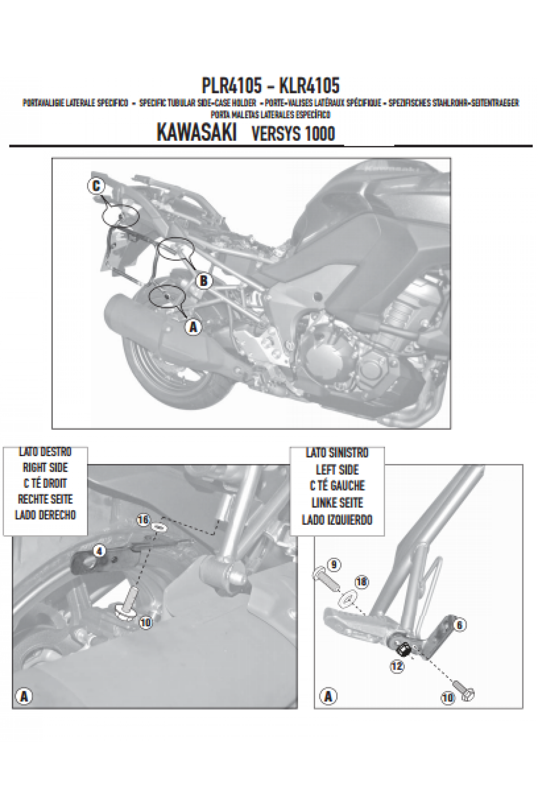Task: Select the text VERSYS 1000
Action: click(x=293, y=134)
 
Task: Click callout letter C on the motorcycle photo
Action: click(x=96, y=186)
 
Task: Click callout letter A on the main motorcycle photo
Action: click(x=193, y=327)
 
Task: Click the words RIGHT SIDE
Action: click(x=45, y=467)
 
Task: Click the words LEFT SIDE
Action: click(x=337, y=470)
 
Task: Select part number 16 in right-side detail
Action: click(x=143, y=520)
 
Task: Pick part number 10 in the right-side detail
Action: click(x=146, y=622)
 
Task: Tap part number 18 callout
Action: click(x=361, y=582)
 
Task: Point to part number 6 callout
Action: click(x=460, y=624)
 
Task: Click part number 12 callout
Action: click(x=396, y=666)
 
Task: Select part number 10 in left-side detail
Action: click(x=448, y=698)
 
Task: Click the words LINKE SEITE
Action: click(x=337, y=503)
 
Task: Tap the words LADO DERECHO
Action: click(x=45, y=514)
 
